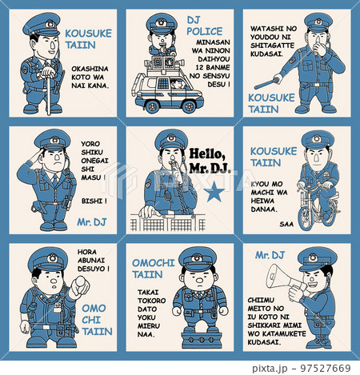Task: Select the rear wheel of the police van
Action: tap(152, 106)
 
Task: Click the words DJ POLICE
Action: tap(204, 26)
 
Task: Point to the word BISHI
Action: tap(94, 201)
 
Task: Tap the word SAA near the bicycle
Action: tap(286, 224)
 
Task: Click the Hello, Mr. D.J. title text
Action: tap(210, 161)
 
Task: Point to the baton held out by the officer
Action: tap(266, 83)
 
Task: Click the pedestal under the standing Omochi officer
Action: tap(202, 340)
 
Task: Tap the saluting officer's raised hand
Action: tap(38, 154)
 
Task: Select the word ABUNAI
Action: tap(91, 260)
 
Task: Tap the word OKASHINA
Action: tap(90, 69)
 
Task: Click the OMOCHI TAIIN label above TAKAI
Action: tap(154, 269)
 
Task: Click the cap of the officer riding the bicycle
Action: tap(318, 139)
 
